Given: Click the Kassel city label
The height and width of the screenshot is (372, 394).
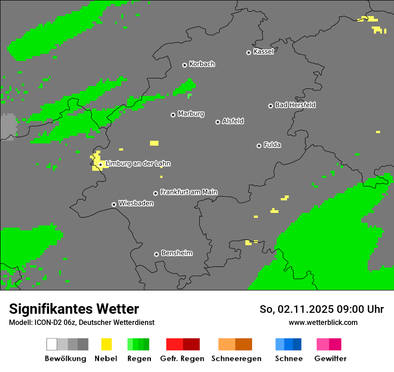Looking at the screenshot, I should (x=263, y=52).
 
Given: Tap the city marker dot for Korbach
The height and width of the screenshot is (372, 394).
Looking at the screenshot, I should (x=184, y=65).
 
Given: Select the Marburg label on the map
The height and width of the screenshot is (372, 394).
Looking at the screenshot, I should (x=191, y=114).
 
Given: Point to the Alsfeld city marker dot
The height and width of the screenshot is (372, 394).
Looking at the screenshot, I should (x=218, y=122).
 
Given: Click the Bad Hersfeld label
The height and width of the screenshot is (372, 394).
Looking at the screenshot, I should (x=295, y=105).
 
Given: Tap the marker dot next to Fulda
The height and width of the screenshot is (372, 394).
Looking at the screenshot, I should (x=259, y=146).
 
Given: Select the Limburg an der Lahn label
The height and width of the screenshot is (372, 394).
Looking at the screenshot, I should (x=138, y=164).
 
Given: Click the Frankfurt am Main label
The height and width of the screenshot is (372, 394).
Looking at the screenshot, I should (x=188, y=192).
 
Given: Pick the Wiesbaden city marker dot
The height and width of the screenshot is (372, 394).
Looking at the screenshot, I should (x=114, y=204).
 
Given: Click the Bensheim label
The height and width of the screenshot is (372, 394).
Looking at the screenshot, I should (x=176, y=253).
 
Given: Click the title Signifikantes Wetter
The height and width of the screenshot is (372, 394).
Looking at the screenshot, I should (x=74, y=309).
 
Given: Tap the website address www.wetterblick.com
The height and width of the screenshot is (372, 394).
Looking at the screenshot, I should (x=323, y=322).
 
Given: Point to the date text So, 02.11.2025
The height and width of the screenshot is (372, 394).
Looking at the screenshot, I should (x=295, y=309).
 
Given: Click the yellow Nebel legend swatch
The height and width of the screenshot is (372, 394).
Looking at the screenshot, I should (x=106, y=344).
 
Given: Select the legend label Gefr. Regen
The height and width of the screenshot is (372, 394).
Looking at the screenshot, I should (x=182, y=359).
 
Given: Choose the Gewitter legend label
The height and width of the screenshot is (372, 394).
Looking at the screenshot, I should (x=330, y=359).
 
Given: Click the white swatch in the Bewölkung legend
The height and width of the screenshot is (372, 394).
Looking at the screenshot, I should (x=52, y=344).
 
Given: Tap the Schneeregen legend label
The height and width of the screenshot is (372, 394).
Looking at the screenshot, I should (x=236, y=359).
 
